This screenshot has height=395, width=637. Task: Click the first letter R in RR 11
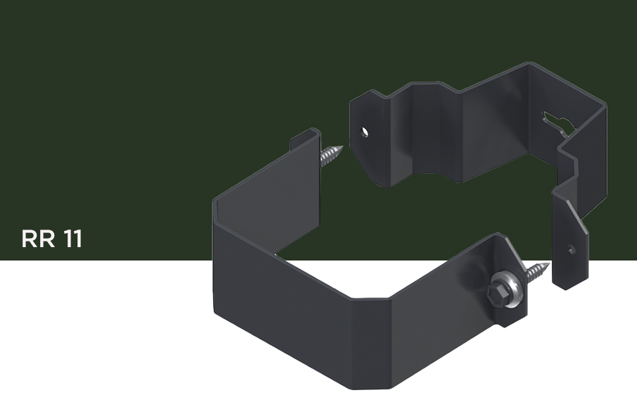(30, 239)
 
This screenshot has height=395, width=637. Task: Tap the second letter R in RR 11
(48, 239)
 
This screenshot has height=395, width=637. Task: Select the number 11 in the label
(73, 239)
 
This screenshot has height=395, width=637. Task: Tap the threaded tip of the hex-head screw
(538, 272)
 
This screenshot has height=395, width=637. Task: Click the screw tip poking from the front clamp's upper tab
(331, 155)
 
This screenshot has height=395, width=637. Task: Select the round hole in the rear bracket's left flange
(365, 132)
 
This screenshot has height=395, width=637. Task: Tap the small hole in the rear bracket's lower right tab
(572, 249)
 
